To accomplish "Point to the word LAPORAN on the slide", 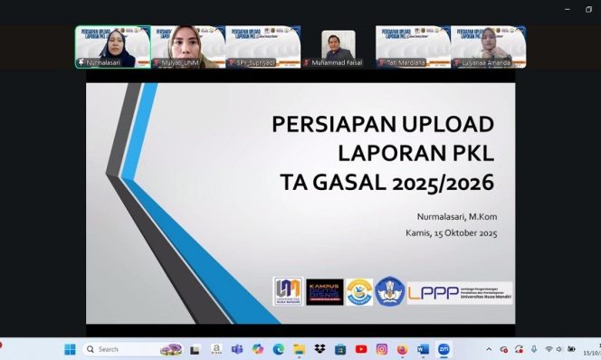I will [388, 153].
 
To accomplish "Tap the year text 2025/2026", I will [444, 183].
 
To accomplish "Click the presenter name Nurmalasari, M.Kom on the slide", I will [456, 216].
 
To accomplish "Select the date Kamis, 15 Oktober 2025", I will [451, 233].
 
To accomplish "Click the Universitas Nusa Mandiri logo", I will [288, 291].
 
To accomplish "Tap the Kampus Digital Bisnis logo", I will [324, 291].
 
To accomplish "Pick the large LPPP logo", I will [459, 291].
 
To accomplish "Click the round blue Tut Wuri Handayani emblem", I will [390, 291].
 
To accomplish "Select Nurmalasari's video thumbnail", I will [113, 47].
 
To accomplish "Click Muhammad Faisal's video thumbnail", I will [339, 47].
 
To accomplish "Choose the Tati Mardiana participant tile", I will [414, 47].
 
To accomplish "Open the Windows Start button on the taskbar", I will [70, 349].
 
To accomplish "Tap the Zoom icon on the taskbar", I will [444, 349].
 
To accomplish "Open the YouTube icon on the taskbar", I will [361, 349].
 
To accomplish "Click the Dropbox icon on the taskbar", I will [320, 349].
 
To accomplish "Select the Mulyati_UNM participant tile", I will [188, 47].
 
